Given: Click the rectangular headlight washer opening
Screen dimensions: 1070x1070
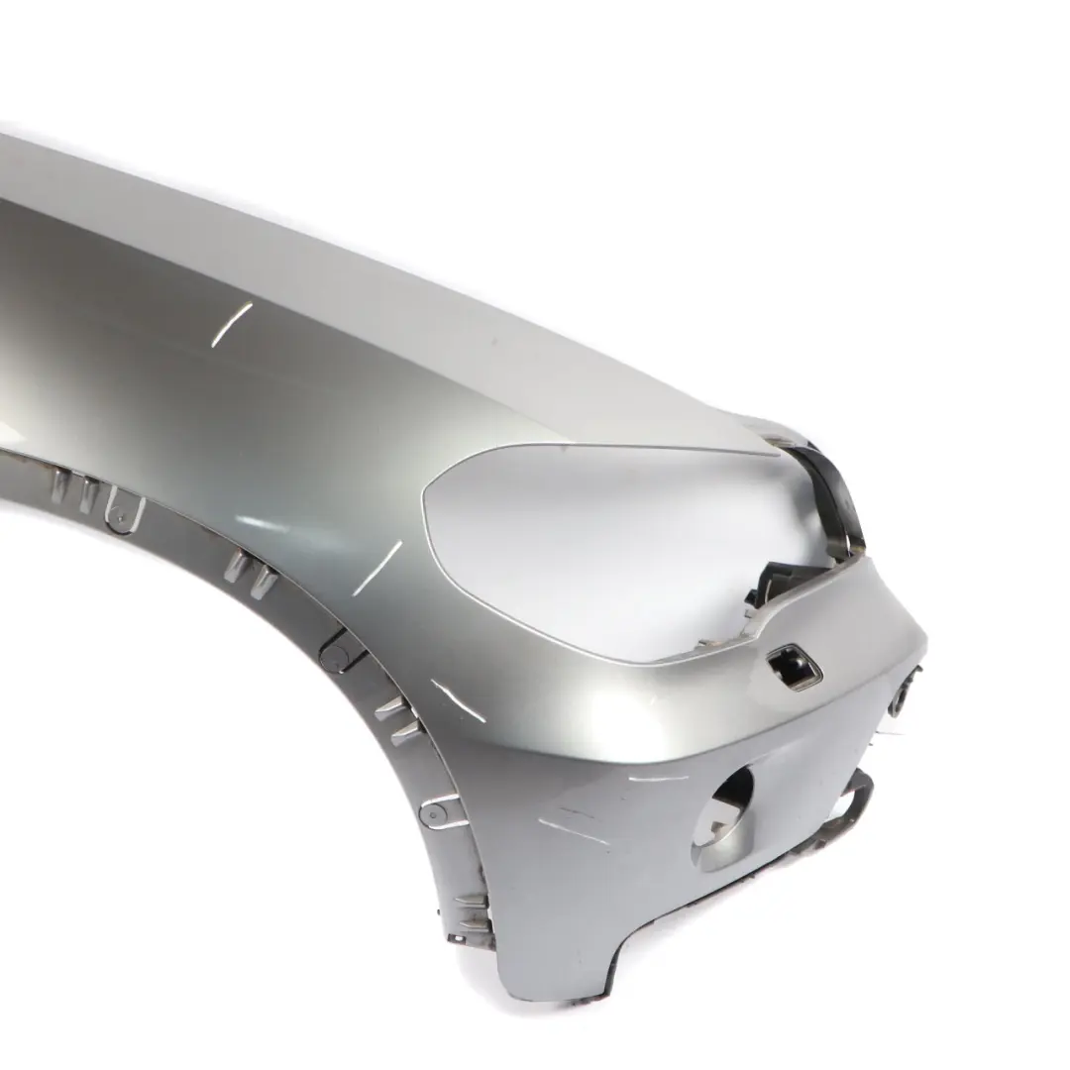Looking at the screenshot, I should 795,666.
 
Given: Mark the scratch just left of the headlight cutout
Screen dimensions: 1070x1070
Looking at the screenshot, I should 377,568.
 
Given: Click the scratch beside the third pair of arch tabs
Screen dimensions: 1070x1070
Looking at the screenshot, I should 458,700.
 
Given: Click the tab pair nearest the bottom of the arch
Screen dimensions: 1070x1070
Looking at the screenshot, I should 474,907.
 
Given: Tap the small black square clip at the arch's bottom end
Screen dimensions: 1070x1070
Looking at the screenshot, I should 459,937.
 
